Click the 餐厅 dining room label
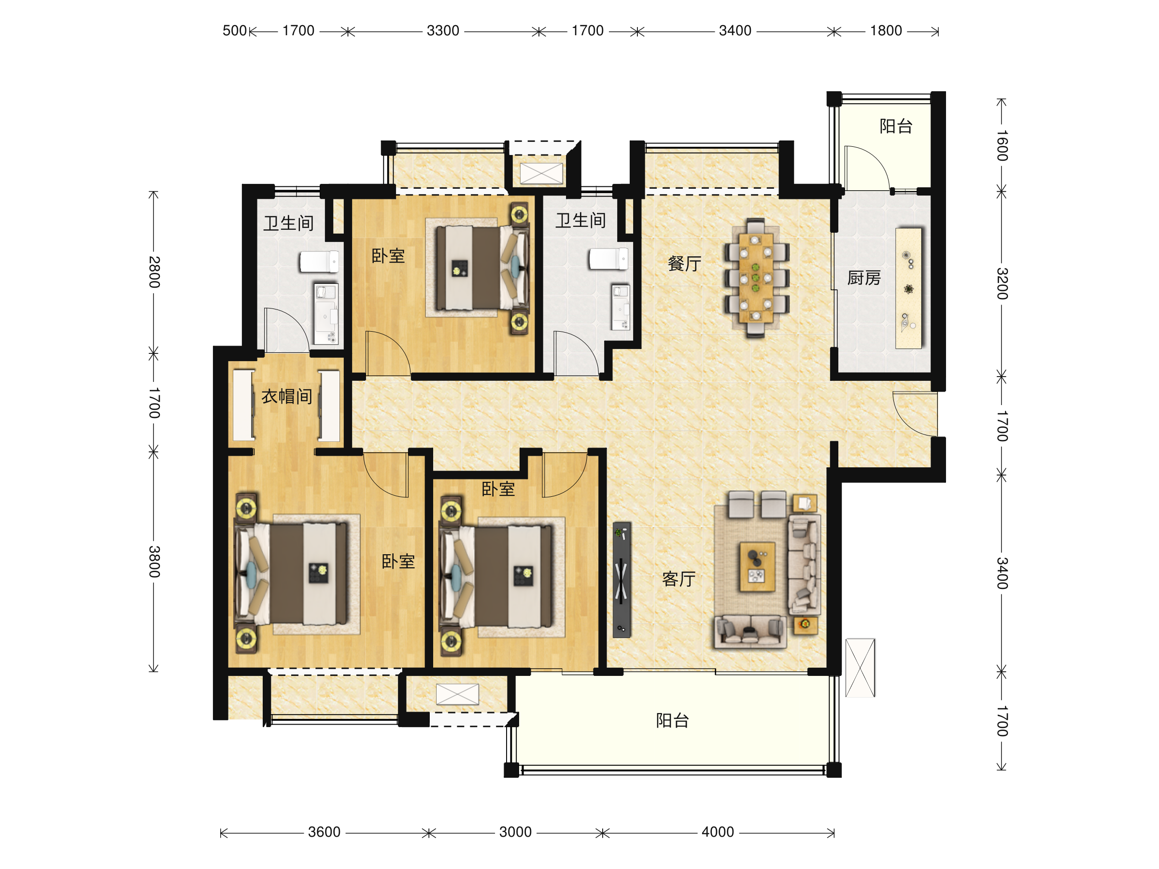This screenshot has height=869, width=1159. (684, 264)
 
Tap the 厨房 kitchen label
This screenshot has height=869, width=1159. (864, 278)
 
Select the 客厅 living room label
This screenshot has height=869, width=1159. (678, 579)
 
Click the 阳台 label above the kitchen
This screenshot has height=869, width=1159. (896, 126)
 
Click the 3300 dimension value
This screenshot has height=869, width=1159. (443, 31)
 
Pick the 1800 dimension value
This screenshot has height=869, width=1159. (886, 31)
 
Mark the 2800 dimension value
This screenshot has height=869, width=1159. (154, 272)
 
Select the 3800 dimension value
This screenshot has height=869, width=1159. (154, 561)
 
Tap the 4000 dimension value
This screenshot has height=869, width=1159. (718, 832)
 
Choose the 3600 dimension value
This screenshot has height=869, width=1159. (325, 832)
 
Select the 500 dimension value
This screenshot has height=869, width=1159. (235, 31)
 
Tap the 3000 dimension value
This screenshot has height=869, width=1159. (516, 832)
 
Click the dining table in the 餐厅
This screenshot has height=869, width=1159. (756, 277)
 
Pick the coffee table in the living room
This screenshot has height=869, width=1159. (757, 567)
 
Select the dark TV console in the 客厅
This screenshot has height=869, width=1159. (622, 579)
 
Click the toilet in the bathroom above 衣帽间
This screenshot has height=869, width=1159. (319, 261)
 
